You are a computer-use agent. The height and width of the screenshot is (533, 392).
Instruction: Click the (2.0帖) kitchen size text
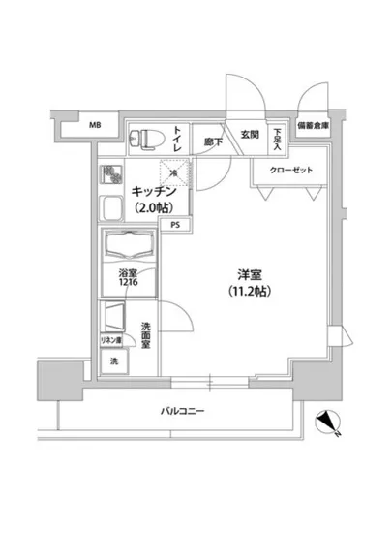156,208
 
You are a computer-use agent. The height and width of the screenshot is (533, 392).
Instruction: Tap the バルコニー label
183,412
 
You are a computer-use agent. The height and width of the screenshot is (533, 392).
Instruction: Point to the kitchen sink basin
109,210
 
